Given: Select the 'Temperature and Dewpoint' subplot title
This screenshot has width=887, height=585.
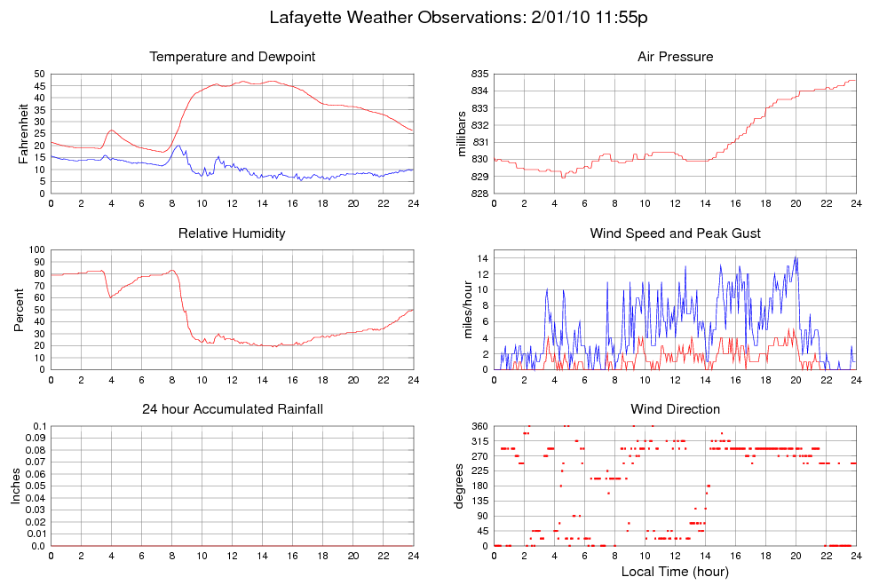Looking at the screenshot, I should (233, 57).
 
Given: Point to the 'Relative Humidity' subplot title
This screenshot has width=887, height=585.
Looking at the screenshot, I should (233, 233).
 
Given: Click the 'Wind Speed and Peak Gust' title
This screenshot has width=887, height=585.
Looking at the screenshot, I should (675, 233).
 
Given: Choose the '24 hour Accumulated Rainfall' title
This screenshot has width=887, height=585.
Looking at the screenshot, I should (233, 409).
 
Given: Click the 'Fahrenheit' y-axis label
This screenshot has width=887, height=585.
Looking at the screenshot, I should (22, 133).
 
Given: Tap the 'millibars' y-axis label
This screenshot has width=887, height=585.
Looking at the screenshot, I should (461, 133).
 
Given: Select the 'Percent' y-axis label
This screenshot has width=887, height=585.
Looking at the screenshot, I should (19, 310).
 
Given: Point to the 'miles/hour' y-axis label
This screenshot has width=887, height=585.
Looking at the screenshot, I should (461, 310).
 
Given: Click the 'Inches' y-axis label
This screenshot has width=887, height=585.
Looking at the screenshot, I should (15, 486).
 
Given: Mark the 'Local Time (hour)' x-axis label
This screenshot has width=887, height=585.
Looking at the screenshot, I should (675, 572).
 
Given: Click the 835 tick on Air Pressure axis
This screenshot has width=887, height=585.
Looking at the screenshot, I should (478, 74).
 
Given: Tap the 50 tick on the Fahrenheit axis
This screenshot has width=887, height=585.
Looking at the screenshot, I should (38, 74).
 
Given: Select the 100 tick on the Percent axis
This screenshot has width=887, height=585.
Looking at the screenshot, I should (36, 250).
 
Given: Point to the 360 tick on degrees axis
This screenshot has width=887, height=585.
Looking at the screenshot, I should (478, 427).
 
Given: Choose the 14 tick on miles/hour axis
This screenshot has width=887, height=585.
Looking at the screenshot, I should (480, 258).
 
